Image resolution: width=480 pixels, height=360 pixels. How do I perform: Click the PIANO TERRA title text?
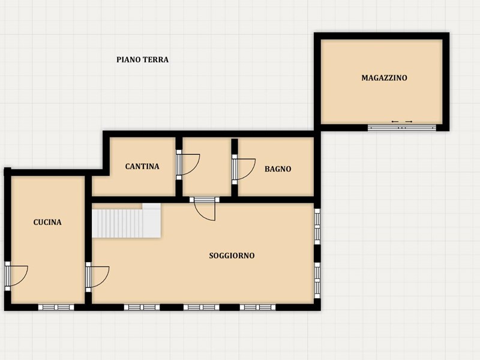tap(142, 59)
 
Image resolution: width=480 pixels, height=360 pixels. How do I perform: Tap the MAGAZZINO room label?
tap(384, 78)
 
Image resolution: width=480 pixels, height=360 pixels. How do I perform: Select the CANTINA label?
tap(142, 166)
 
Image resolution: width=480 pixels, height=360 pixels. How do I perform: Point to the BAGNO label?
tap(278, 169)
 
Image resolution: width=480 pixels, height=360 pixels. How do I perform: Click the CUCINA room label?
tap(47, 222)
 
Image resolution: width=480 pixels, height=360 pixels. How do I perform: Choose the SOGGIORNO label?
tap(232, 256)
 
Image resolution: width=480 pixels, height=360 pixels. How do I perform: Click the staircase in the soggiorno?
tap(127, 221)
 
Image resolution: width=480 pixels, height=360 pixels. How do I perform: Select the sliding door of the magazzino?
tap(401, 127)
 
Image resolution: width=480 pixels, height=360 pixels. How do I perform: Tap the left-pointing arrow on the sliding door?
tap(395, 122)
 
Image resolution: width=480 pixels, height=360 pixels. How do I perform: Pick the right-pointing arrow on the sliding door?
tap(409, 122)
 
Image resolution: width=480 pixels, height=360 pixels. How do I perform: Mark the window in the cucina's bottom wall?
tap(56, 307)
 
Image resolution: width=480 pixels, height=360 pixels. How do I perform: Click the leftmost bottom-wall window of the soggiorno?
tap(142, 307)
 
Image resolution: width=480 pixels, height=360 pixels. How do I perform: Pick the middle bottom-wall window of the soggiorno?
tap(202, 307)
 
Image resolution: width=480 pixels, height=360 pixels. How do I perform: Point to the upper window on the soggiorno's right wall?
tap(317, 227)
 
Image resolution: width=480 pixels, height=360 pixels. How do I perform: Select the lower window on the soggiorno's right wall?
tap(317, 280)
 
